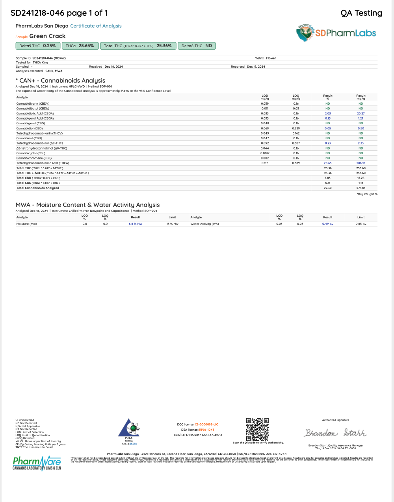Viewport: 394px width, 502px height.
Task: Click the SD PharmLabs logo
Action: point(336,33)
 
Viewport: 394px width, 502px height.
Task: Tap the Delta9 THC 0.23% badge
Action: point(37,46)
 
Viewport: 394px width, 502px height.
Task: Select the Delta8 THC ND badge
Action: point(197,46)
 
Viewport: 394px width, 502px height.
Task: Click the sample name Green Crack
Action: point(47,36)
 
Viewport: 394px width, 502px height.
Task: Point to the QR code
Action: point(257,429)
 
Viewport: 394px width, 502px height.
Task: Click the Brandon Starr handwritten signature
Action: point(335,433)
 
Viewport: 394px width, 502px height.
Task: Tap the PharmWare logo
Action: point(37,463)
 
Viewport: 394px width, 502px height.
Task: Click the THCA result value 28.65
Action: point(328,163)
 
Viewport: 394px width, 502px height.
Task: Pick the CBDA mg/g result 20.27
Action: point(361,113)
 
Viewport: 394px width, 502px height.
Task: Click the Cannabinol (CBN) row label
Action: point(29,138)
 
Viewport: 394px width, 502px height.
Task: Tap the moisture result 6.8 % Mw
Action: point(135,224)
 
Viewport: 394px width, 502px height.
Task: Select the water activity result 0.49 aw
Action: point(328,224)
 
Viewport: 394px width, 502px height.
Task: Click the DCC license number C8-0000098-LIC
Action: point(206,424)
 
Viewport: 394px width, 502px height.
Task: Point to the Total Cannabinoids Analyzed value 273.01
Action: point(361,188)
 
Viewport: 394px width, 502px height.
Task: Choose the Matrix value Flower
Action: point(271,58)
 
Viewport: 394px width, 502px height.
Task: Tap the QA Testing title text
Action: point(361,13)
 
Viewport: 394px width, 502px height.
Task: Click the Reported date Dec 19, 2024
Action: point(256,66)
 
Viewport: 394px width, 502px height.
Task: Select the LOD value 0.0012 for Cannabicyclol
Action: point(265,153)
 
